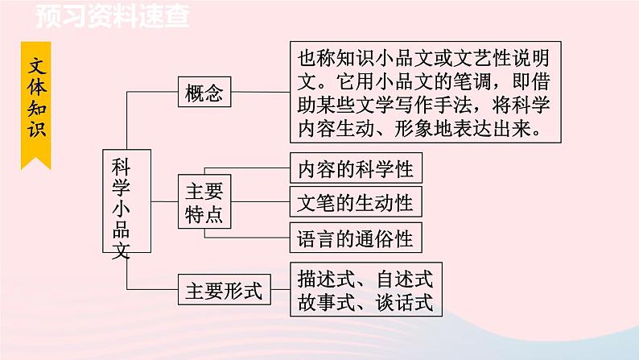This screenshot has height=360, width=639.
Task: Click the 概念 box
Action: pos(204,93)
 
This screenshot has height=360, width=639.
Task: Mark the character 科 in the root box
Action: pos(121,167)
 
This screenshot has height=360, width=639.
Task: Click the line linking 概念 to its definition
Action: pos(260,93)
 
